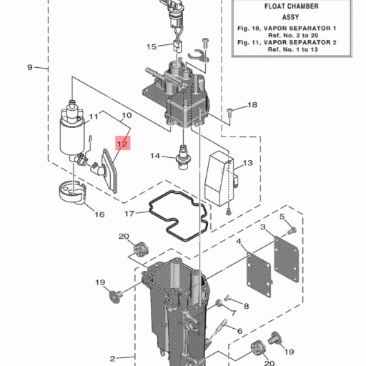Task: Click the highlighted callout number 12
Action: pos(123,144)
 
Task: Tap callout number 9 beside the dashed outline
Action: pos(30,67)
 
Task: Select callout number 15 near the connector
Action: pos(152,46)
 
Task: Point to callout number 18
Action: pos(252,104)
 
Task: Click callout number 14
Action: pos(155,156)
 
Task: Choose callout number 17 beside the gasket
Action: pos(129,214)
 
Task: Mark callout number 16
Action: pos(99,214)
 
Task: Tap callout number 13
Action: pos(248,163)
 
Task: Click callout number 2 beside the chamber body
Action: pos(113,358)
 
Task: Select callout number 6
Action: pos(239,331)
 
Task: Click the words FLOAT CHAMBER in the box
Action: pos(292,6)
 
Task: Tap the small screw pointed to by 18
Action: pos(229,112)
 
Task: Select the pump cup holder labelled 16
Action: pos(72,194)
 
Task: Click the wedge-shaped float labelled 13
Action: pos(219,177)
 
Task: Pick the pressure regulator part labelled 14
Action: pos(182,157)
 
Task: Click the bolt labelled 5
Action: pos(292,231)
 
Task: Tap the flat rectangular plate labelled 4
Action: pos(259,272)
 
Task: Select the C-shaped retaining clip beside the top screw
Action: pos(198,56)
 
